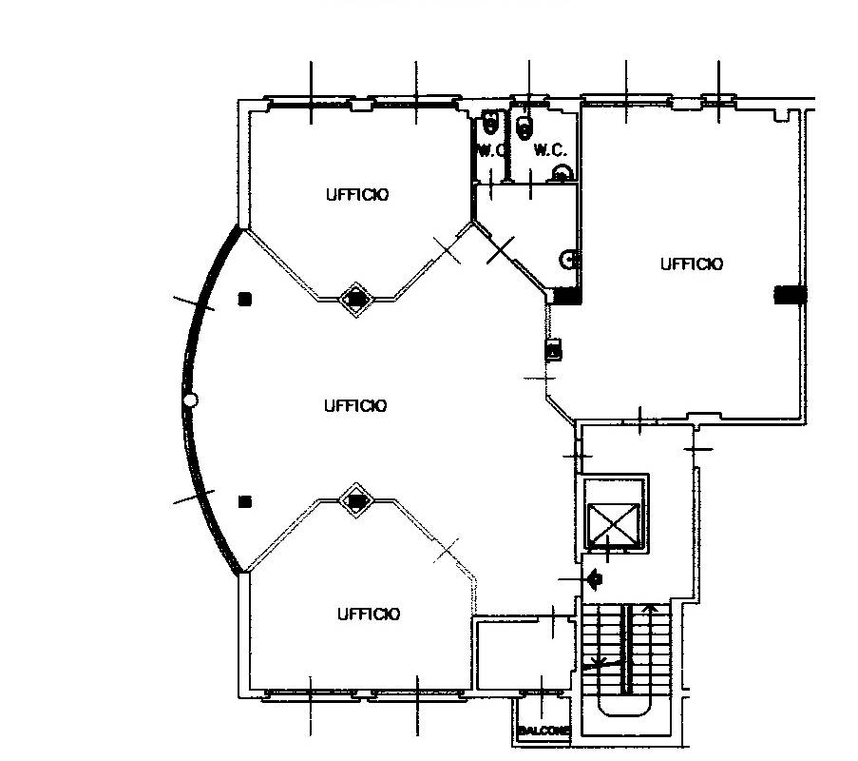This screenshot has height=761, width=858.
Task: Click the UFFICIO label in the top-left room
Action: coord(357,194)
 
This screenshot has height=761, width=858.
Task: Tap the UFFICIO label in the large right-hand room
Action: coord(692,264)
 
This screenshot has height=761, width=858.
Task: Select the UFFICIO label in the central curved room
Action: coord(355,406)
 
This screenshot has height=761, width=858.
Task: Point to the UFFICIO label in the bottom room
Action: coord(369,615)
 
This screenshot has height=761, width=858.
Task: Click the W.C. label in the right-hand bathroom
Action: coord(550,149)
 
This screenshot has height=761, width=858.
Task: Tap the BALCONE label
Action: coord(543,731)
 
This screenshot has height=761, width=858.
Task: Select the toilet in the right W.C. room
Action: coord(524,127)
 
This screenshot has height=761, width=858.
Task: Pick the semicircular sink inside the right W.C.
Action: coord(562,173)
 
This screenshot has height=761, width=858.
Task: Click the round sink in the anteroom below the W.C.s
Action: coord(568,260)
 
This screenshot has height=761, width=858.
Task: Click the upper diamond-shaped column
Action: coord(356,299)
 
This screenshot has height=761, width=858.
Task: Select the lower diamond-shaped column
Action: coord(356,500)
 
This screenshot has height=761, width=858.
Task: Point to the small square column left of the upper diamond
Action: coord(244,299)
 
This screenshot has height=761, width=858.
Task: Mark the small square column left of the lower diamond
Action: coord(244,501)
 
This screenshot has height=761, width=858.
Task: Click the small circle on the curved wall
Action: coord(190,400)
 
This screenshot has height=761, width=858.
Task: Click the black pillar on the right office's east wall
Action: coord(791,295)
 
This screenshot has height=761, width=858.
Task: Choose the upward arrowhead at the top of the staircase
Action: coord(650,608)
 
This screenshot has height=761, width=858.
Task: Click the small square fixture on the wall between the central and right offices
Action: coord(554,349)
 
